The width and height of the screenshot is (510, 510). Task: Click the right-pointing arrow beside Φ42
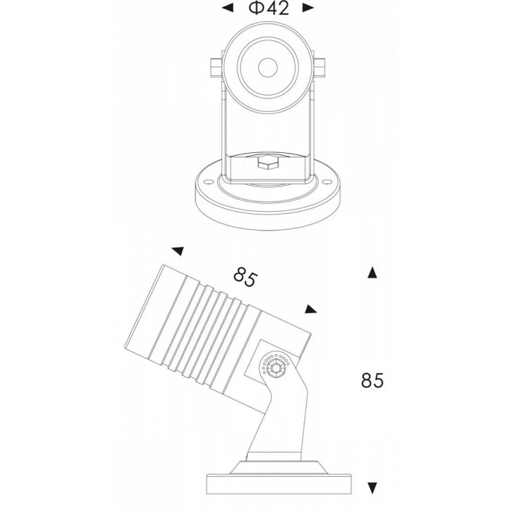point(308,8)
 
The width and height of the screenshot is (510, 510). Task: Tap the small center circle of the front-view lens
point(268,67)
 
